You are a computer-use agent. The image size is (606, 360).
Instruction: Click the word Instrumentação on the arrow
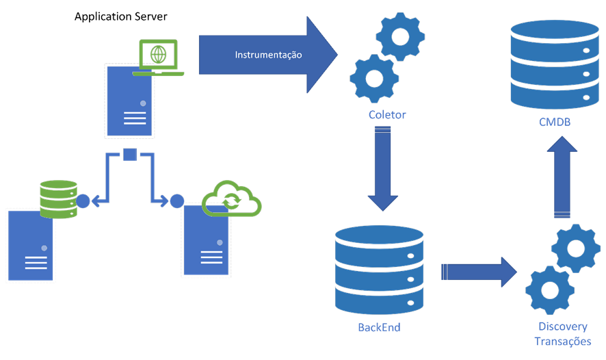coord(269,54)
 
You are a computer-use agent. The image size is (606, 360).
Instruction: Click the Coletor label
coord(386,115)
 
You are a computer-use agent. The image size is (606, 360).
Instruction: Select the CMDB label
coord(554,123)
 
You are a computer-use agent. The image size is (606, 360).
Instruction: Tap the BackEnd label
coord(379,327)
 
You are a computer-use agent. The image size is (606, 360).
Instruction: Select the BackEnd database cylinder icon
coord(378,270)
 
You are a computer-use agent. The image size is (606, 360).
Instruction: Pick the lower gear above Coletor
coord(373,77)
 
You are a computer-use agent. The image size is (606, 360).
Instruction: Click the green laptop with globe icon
coord(158,57)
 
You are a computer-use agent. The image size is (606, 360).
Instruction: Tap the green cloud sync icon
coord(233,198)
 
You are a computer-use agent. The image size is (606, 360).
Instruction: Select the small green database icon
coord(59,198)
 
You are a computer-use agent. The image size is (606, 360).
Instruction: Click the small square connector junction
coord(130,154)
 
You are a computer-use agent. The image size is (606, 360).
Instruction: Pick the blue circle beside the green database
coord(83,201)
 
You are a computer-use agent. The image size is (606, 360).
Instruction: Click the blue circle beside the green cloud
coord(177,201)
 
